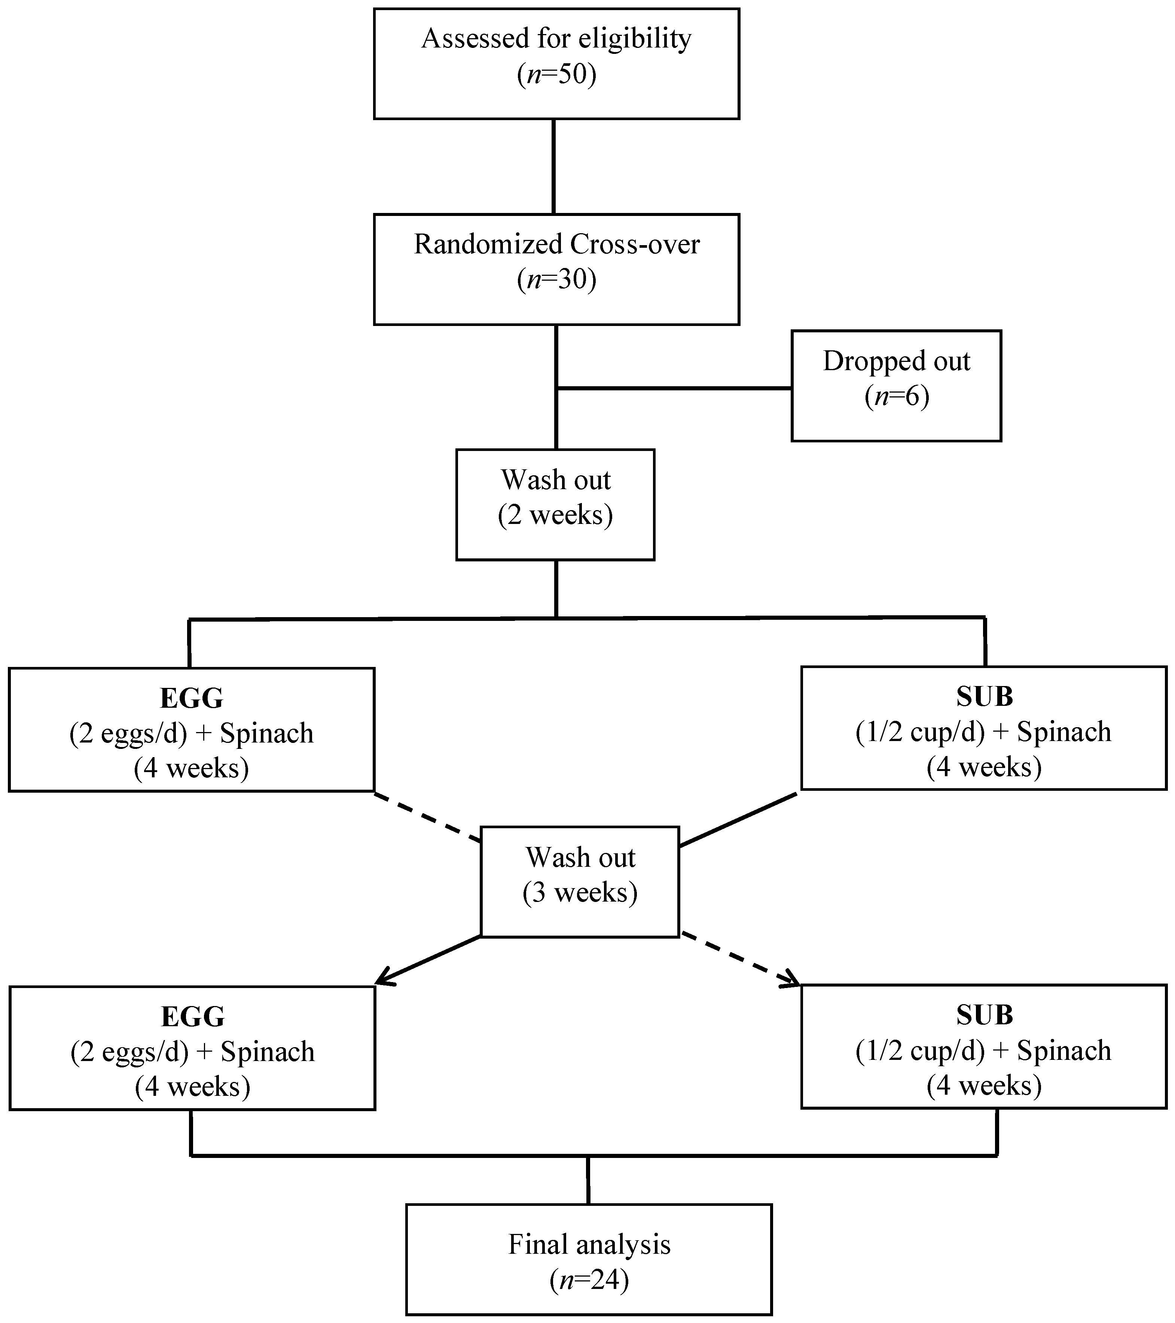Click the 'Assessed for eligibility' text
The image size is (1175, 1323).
coord(556,39)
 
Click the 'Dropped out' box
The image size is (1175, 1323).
coord(896,386)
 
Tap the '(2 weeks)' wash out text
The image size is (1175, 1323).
coord(555,515)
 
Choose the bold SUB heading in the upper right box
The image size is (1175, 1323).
coord(984,696)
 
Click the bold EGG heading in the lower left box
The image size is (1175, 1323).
coord(193,1017)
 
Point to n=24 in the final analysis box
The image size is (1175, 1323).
coord(589,1280)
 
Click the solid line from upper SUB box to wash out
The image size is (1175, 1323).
coord(738,819)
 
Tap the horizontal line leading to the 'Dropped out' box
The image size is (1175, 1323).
coord(673,388)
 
